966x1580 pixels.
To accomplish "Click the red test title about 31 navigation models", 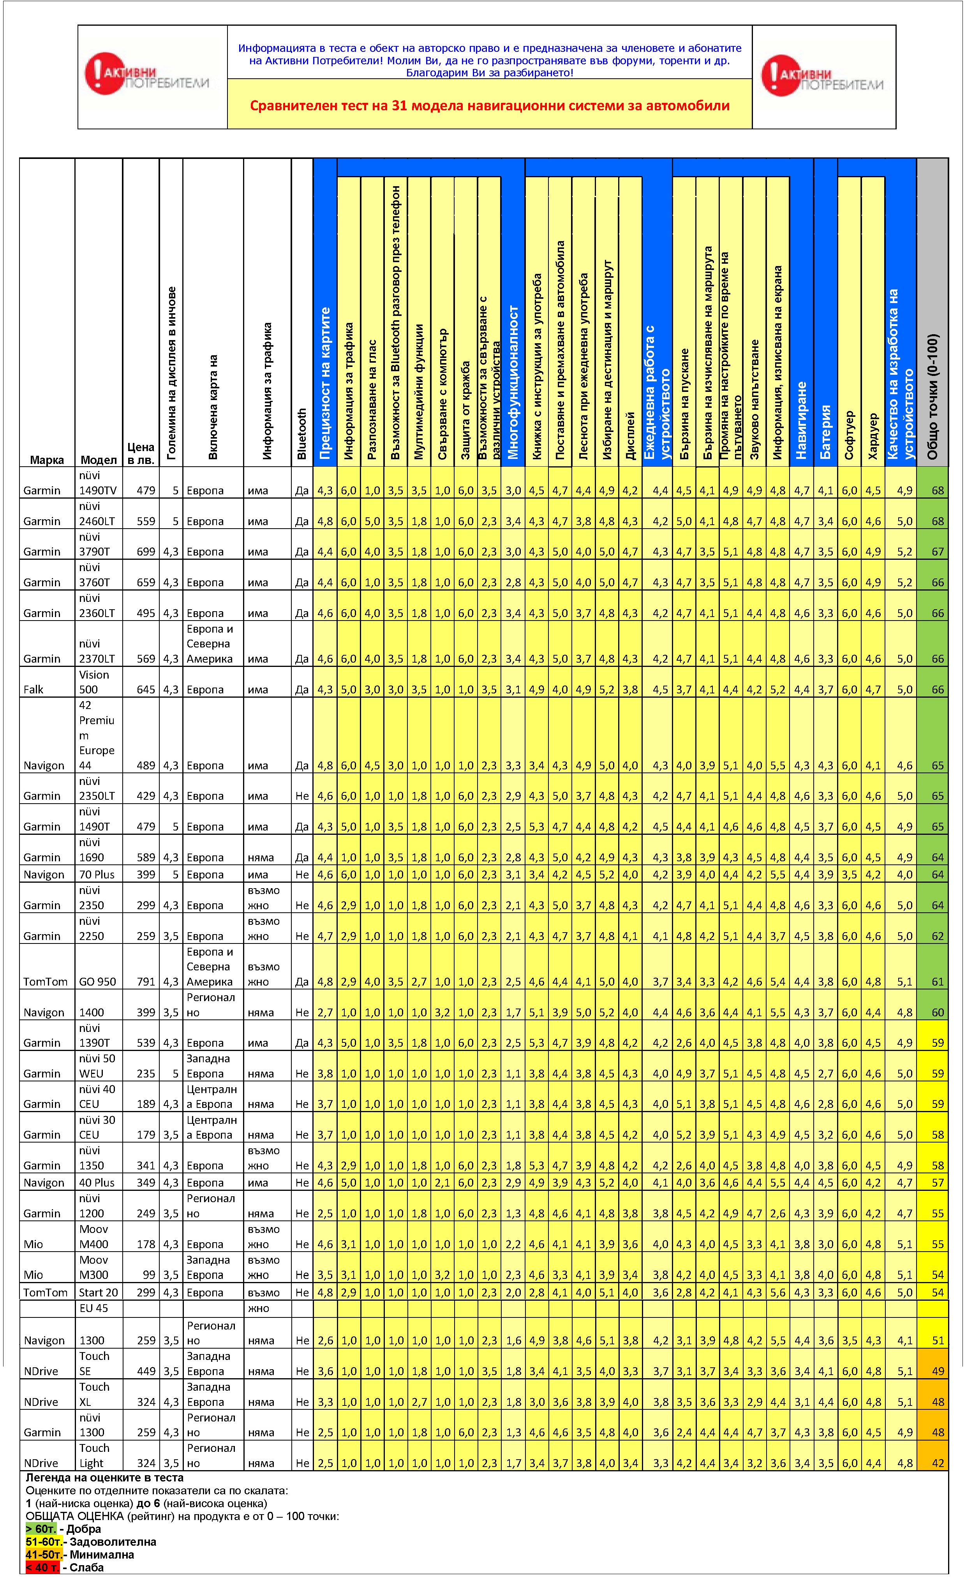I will point(490,106).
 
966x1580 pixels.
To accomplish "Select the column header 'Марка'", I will point(47,460).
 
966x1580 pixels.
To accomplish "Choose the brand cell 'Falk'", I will point(33,689).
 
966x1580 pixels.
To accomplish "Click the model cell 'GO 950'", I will point(97,982).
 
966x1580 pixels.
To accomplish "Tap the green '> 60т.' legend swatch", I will point(41,1529).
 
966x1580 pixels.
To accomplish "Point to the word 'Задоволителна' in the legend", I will point(113,1541).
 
